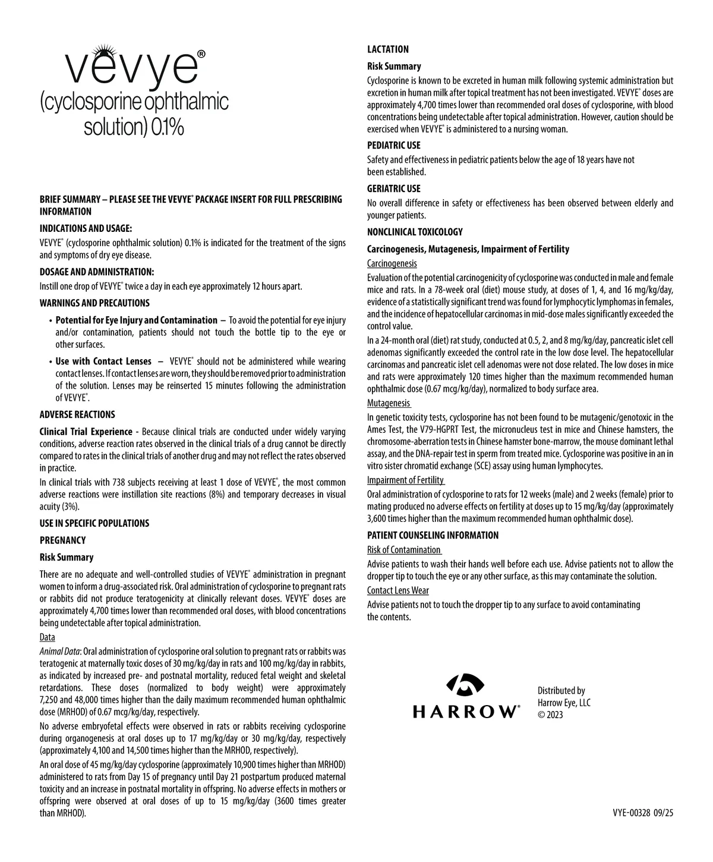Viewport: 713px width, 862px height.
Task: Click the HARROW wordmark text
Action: click(465, 712)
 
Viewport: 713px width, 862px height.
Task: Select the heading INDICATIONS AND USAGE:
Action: click(86, 228)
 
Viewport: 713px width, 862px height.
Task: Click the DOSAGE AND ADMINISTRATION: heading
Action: click(97, 272)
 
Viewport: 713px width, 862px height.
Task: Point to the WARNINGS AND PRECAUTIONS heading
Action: click(94, 303)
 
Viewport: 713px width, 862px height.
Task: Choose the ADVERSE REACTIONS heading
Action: click(77, 414)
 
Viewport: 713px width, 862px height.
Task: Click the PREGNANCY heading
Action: click(62, 540)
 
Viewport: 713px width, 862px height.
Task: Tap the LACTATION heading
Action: click(388, 49)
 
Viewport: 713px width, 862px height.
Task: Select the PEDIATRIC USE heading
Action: click(393, 145)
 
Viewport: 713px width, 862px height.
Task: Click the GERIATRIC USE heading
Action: click(393, 188)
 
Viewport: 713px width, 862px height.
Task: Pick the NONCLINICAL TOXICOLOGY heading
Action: click(415, 232)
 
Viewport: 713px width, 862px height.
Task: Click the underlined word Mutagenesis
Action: click(388, 403)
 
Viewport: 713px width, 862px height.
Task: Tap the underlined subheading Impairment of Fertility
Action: click(405, 480)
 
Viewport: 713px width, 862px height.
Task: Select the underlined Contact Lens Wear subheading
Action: click(397, 590)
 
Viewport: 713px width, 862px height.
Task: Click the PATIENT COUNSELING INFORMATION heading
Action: click(433, 535)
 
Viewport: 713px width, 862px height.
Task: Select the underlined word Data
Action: click(47, 637)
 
